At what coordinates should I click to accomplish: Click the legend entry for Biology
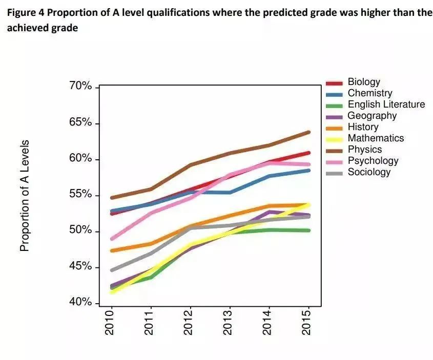coord(364,82)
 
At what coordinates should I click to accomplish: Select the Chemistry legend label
coord(369,93)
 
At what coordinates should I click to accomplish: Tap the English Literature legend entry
coord(386,104)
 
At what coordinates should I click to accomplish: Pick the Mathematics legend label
coord(376,138)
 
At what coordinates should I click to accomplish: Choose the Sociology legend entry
coord(369,172)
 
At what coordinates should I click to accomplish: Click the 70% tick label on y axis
coord(80,87)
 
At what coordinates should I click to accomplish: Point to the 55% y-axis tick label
coord(80,195)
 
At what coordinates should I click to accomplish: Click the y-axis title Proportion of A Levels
coord(24,195)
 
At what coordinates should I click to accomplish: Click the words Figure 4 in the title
coord(25,12)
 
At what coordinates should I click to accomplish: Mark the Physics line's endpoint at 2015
coord(308,132)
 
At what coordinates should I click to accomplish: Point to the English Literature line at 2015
coord(308,230)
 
